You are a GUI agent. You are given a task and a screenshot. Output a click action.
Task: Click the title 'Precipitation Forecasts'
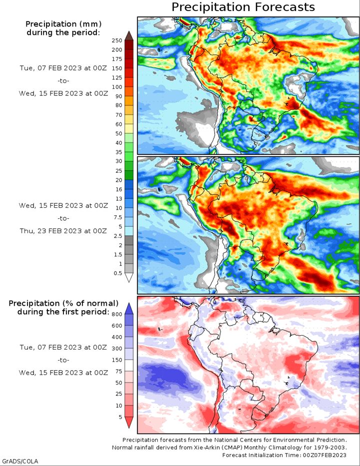point(243,7)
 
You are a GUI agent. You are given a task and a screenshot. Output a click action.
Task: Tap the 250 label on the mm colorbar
point(117,40)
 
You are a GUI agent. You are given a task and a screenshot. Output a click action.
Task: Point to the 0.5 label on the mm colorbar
point(118,273)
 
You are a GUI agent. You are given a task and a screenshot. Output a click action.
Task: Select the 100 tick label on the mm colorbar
point(117,87)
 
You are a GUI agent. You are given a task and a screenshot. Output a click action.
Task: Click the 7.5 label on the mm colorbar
point(118,217)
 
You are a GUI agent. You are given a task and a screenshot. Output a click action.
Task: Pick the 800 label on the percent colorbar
point(117,315)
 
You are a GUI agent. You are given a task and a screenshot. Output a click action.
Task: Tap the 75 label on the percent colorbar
point(119,371)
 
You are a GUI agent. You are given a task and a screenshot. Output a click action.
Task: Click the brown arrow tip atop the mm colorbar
point(129,35)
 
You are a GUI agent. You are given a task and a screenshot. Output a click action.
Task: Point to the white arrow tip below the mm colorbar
point(129,278)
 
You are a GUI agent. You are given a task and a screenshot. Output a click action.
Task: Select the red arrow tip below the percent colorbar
point(129,423)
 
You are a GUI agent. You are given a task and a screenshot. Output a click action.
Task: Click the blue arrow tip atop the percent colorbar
point(129,309)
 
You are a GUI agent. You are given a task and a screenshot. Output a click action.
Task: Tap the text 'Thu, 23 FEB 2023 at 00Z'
point(63,231)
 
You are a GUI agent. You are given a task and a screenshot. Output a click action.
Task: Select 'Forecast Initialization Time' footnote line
point(284,455)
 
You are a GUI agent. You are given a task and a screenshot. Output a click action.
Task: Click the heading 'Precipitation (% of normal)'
point(63,304)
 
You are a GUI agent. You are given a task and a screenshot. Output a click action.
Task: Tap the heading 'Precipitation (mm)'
point(63,24)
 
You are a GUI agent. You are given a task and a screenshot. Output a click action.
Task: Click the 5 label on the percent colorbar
point(120,417)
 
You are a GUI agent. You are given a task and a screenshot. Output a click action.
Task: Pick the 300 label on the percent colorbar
point(117,348)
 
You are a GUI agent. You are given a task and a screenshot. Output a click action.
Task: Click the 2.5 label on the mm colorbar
point(118,236)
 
